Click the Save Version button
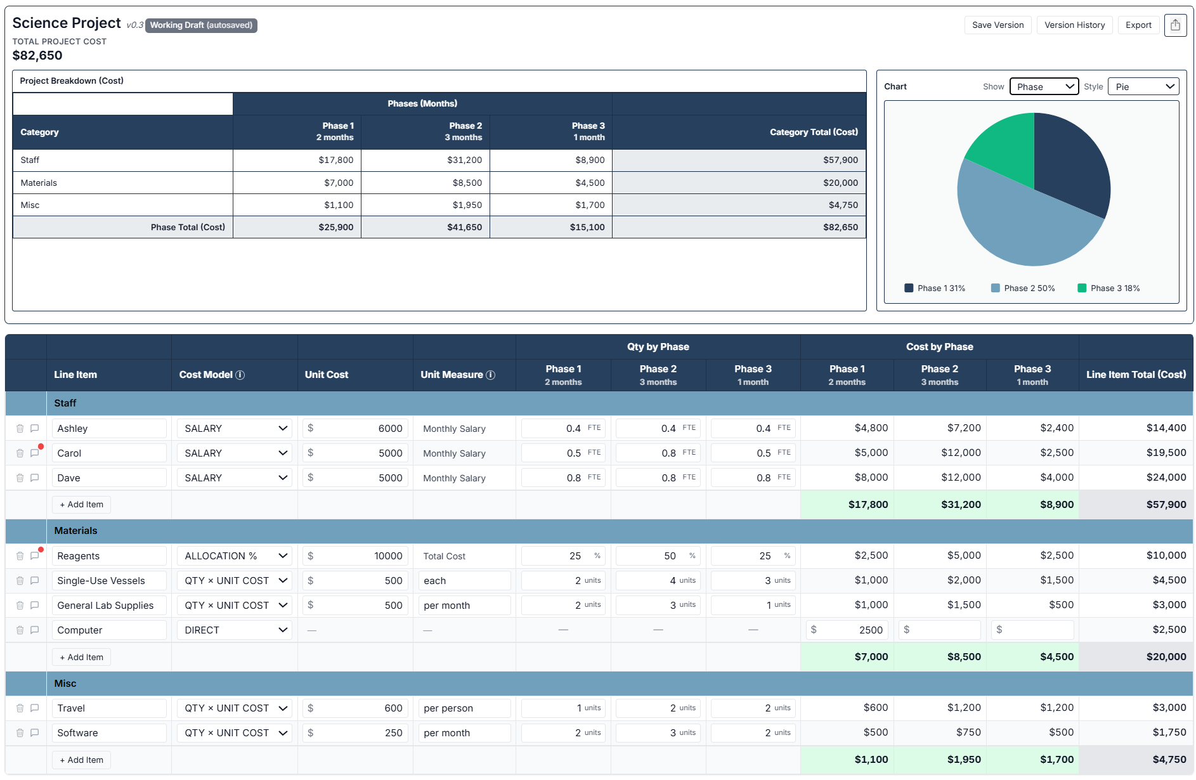point(998,25)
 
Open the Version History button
point(1074,25)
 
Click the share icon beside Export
point(1175,25)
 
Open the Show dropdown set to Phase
point(1044,87)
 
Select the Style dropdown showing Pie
point(1143,87)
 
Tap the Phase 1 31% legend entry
point(935,289)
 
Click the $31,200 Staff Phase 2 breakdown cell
point(464,160)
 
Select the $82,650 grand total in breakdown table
point(840,228)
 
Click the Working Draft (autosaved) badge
point(201,25)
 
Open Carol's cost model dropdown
point(234,453)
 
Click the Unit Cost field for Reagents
point(356,556)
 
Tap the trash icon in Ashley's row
point(20,429)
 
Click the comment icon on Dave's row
point(35,478)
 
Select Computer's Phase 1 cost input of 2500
point(847,630)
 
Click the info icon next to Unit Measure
point(490,375)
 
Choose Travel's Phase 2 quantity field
point(658,708)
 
